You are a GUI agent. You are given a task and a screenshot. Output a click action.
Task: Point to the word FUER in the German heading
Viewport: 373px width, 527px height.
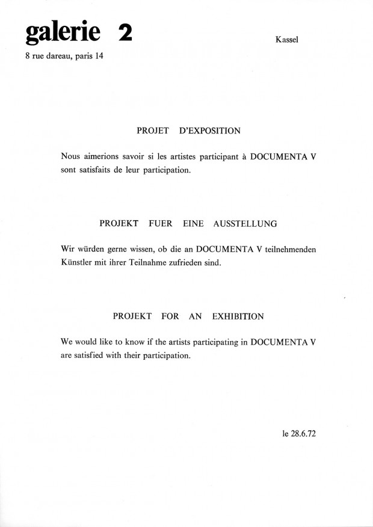coord(162,223)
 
